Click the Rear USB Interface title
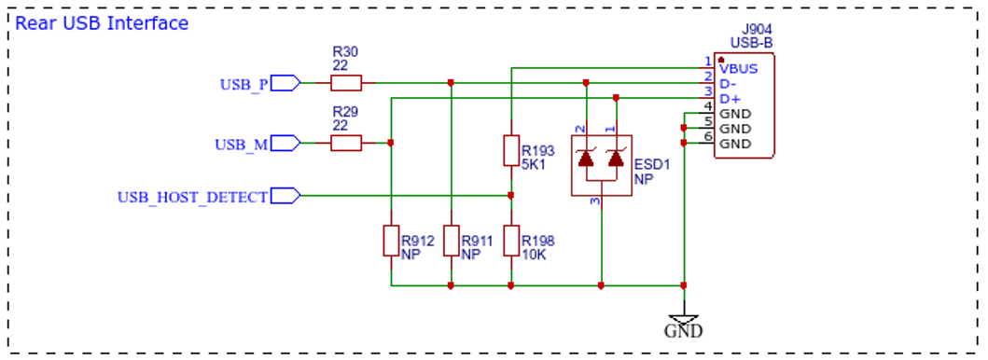click(102, 24)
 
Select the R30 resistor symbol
click(346, 82)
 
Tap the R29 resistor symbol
click(346, 143)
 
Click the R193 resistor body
click(511, 150)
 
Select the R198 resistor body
click(511, 241)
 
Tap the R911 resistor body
click(452, 241)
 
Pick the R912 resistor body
click(391, 241)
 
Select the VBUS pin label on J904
click(739, 69)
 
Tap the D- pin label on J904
click(729, 84)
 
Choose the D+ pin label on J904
click(730, 99)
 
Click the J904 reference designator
click(758, 30)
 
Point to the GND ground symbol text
click(684, 330)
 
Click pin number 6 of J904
click(708, 137)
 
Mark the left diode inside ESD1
click(587, 158)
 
